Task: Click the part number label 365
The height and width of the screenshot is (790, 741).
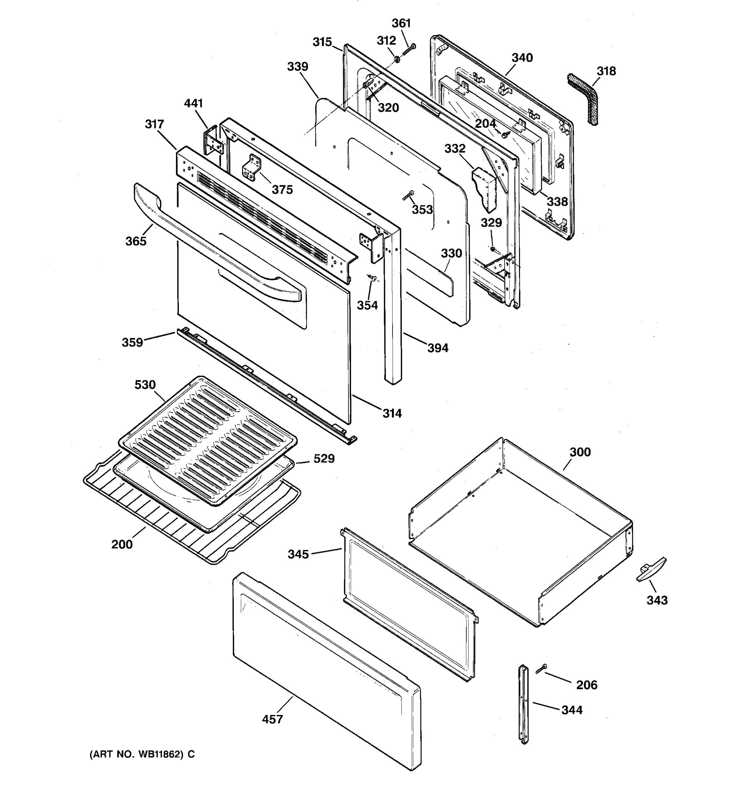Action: pyautogui.click(x=136, y=241)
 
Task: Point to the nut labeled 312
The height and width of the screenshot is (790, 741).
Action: pyautogui.click(x=397, y=60)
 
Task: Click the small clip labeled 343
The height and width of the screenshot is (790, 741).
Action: pyautogui.click(x=651, y=570)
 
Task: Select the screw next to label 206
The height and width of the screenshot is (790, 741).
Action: pyautogui.click(x=541, y=669)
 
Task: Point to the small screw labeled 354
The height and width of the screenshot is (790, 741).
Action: pyautogui.click(x=372, y=277)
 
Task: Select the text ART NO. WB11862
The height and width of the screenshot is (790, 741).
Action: pyautogui.click(x=136, y=754)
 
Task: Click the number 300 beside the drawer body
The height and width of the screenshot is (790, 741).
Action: pyautogui.click(x=580, y=452)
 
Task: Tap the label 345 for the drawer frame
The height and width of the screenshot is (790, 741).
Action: pyautogui.click(x=298, y=554)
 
